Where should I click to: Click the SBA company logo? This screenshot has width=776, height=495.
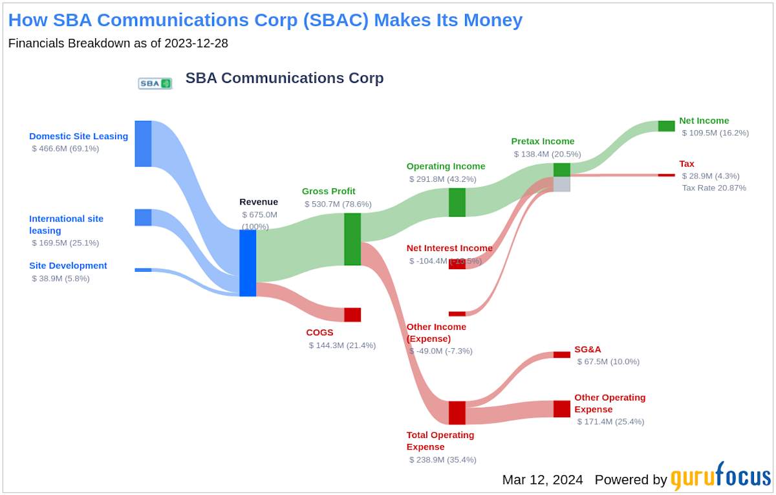point(155,83)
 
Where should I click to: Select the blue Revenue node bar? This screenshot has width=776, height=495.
point(248,263)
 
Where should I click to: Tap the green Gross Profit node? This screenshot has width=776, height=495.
point(352,239)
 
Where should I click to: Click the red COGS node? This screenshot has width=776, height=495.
point(352,314)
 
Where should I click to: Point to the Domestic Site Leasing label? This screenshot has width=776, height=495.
point(78,136)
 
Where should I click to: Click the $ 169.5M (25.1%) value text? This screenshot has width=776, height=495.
point(65,243)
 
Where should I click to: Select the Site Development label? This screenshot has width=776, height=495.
point(68,265)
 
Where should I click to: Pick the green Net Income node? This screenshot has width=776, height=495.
point(666,126)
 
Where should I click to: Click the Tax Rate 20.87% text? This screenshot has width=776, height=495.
point(714,188)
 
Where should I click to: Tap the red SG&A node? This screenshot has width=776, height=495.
point(561,355)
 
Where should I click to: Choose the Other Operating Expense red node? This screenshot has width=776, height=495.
point(561,409)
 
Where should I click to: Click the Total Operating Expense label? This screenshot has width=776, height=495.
point(440,441)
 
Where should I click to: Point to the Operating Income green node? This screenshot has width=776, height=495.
point(457,202)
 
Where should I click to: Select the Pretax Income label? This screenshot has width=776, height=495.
point(543,141)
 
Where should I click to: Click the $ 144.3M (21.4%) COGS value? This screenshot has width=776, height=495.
point(342,345)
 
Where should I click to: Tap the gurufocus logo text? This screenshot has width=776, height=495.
point(720,478)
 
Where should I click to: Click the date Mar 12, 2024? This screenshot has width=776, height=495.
point(543,479)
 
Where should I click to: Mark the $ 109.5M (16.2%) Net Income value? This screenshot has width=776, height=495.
point(715,133)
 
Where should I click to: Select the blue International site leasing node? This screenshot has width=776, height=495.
point(143,217)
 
